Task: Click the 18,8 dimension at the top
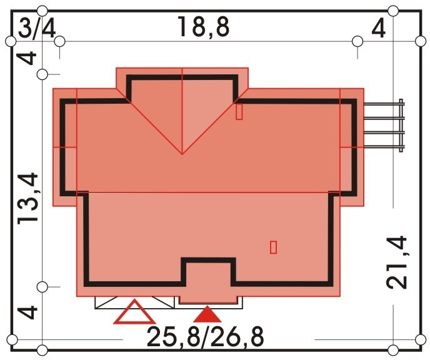(203, 27)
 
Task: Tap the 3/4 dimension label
(37, 29)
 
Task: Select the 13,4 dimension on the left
(27, 199)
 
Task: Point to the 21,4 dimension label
(396, 262)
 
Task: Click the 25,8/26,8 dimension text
(206, 336)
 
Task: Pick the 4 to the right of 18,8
(379, 29)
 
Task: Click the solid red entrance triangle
(207, 314)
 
